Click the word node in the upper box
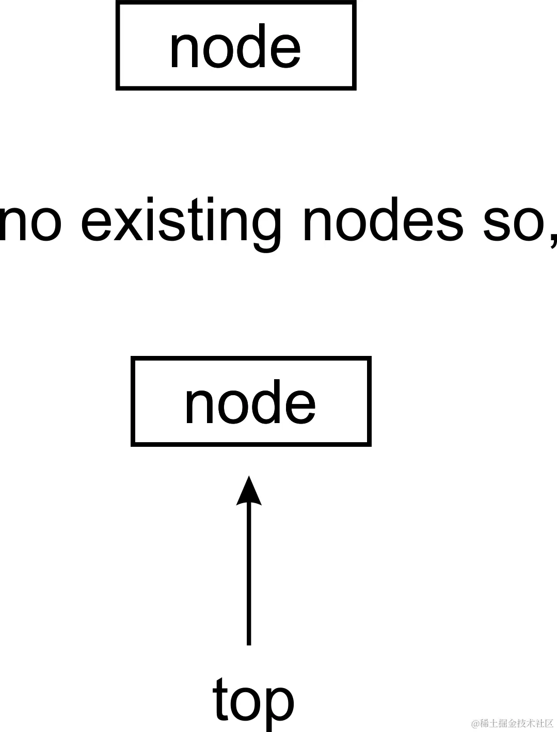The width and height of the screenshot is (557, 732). point(235,48)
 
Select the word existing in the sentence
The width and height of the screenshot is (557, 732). point(181,223)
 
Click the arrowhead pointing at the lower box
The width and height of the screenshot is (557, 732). point(249,491)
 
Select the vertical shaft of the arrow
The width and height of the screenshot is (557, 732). point(249,573)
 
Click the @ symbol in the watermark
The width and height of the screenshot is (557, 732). point(475,723)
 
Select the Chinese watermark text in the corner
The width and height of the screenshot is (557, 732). point(516,723)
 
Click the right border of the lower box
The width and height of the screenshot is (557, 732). point(369,401)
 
